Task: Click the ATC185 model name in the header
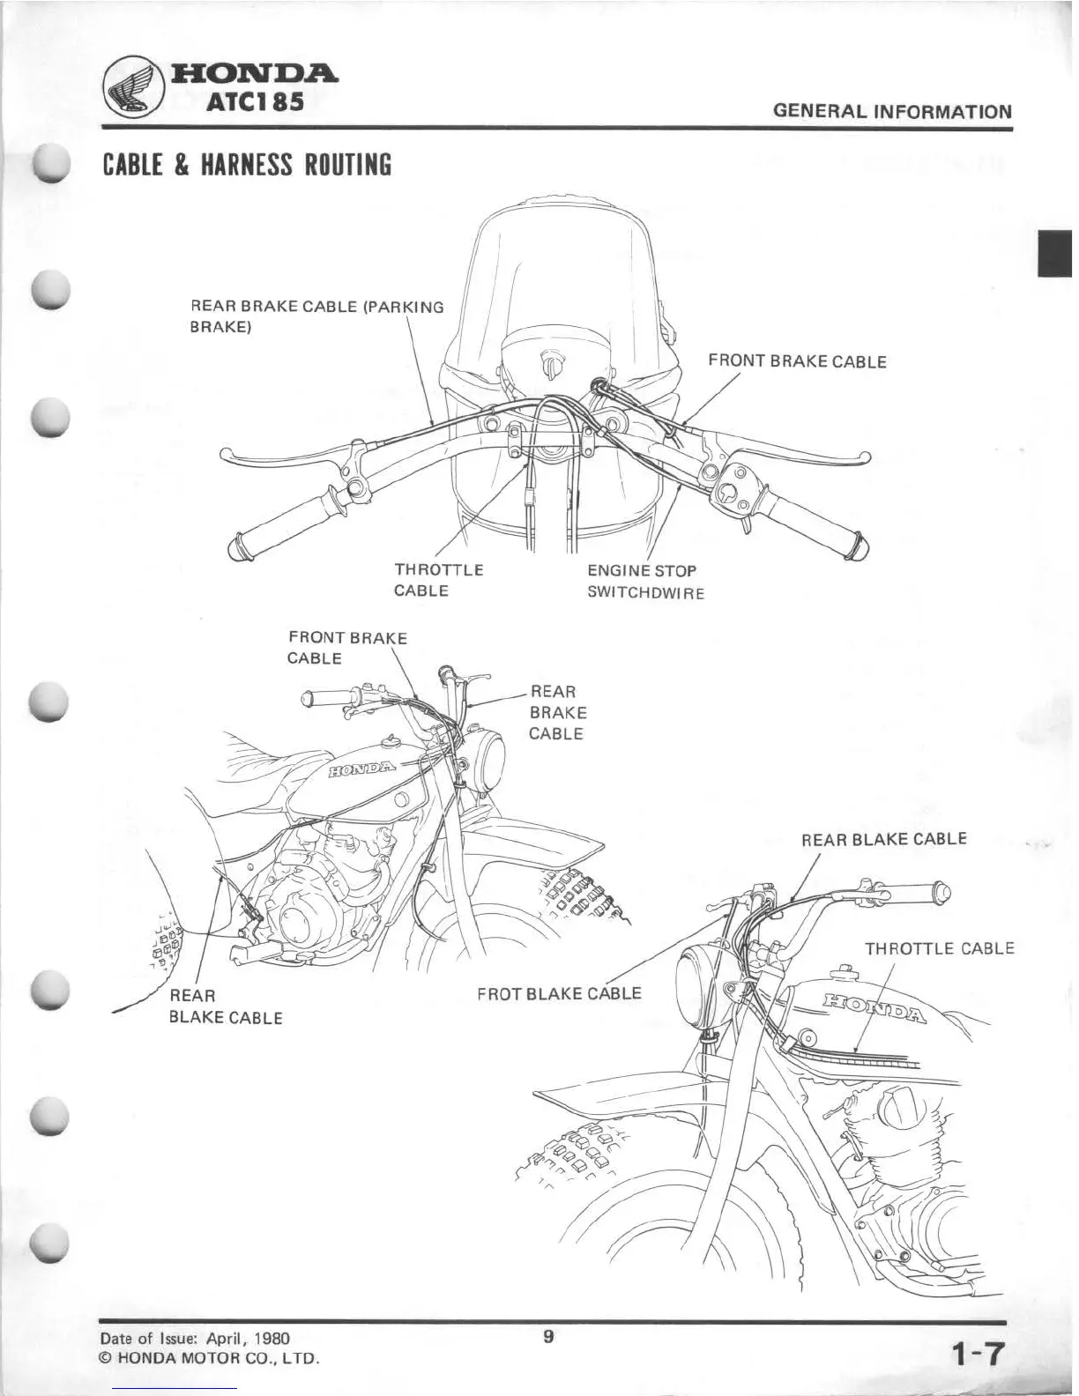(256, 102)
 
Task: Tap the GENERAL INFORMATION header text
(891, 112)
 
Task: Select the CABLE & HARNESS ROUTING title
(247, 165)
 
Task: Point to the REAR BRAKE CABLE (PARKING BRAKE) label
(317, 317)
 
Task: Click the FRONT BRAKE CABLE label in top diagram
(797, 361)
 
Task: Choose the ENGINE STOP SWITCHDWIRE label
(645, 582)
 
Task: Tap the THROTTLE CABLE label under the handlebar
(438, 580)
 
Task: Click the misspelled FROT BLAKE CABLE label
(559, 994)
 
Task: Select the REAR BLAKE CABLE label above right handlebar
(883, 839)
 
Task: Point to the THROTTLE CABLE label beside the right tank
(939, 949)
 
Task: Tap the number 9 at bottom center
(547, 1337)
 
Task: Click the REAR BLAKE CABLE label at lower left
(225, 1006)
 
